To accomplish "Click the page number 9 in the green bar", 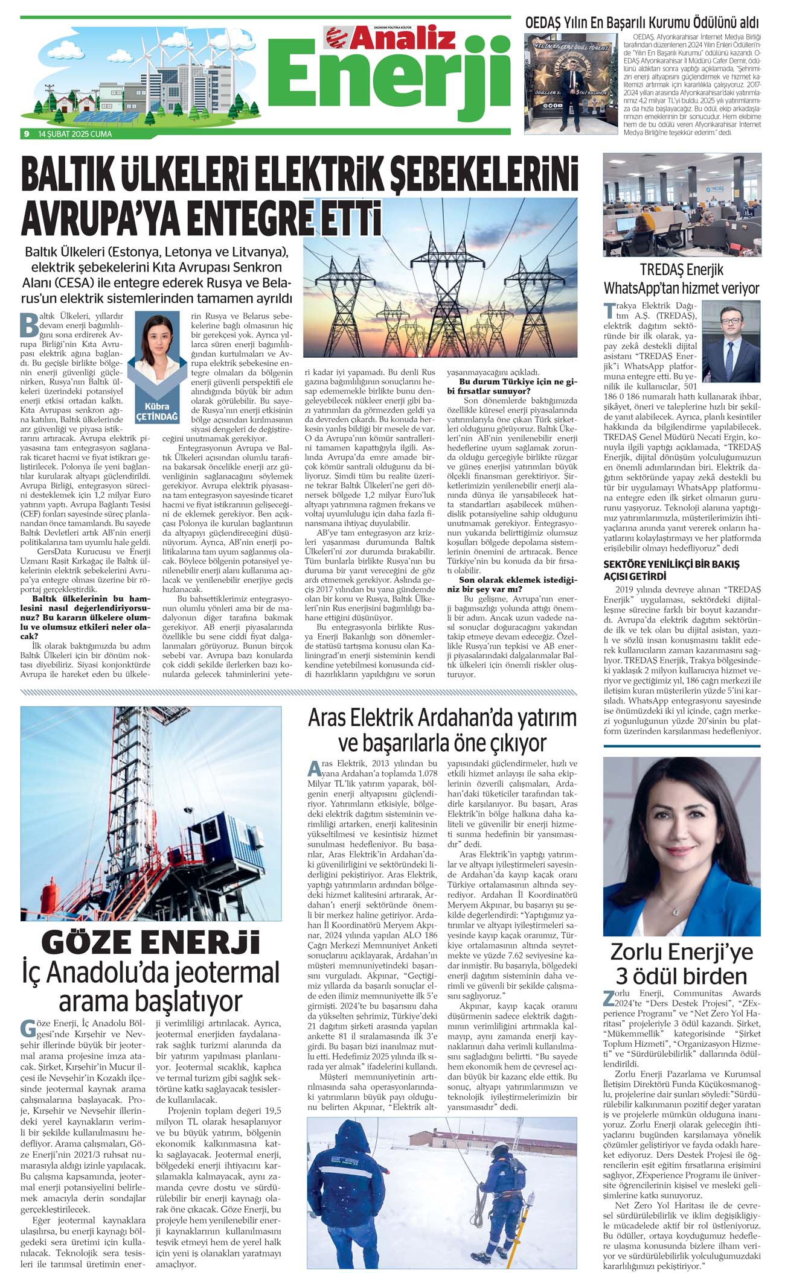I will click(x=26, y=134).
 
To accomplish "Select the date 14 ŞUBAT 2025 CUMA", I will click(x=75, y=134).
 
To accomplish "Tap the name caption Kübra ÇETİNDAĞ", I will click(x=157, y=411).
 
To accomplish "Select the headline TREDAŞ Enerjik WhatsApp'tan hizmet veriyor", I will click(x=681, y=279).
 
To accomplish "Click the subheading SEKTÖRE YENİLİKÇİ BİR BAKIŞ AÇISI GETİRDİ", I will click(x=663, y=570).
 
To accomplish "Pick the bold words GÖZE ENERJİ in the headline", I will click(x=150, y=943).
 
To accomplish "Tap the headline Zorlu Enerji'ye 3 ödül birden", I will click(x=682, y=963).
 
